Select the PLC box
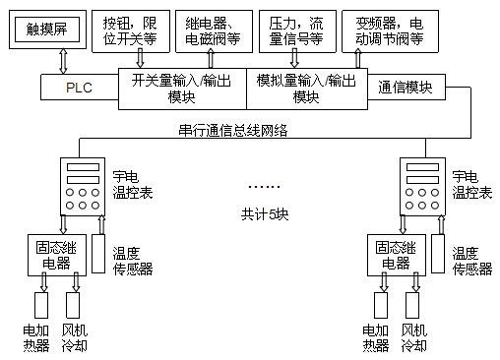[78, 88]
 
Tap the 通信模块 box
[405, 88]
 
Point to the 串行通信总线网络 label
[236, 129]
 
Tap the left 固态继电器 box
[55, 255]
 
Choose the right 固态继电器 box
[395, 255]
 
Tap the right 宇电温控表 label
[466, 184]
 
